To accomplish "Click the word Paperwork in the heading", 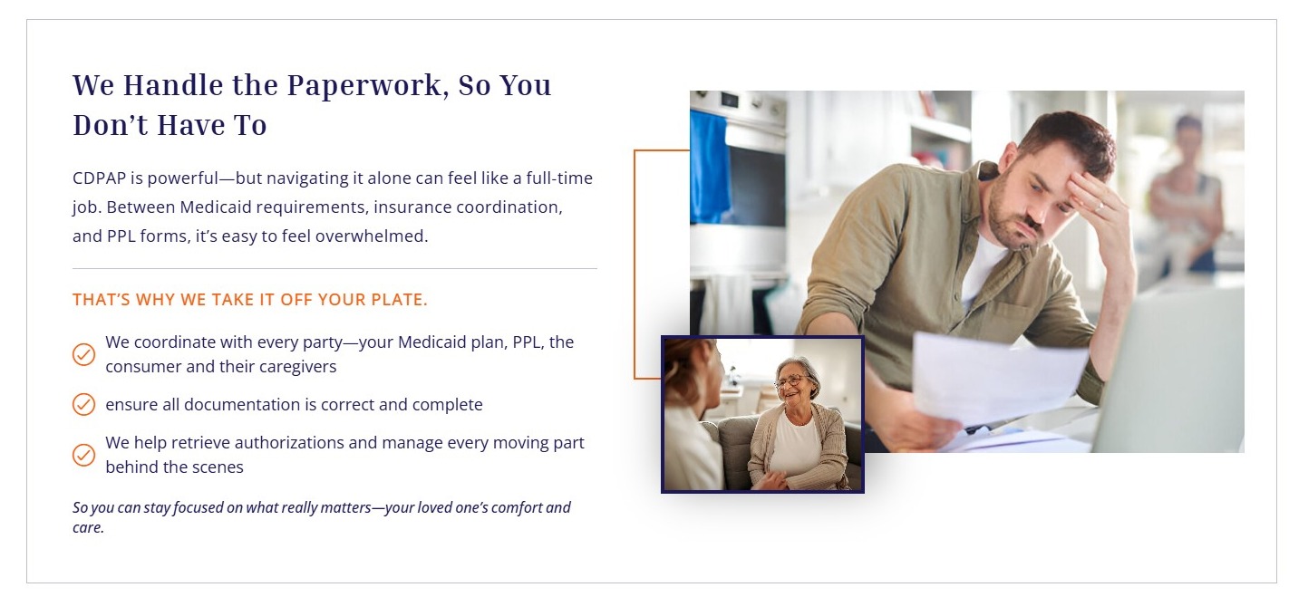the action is [x=368, y=86].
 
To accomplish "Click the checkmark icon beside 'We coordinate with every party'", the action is [x=83, y=354].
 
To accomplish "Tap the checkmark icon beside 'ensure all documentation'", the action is [x=83, y=404].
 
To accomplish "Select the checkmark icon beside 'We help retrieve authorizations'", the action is [x=83, y=455].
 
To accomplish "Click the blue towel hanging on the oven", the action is [x=710, y=167].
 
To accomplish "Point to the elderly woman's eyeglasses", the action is [x=792, y=380].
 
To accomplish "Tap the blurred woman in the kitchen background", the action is [x=1187, y=196].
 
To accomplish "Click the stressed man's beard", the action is [x=1015, y=221].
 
